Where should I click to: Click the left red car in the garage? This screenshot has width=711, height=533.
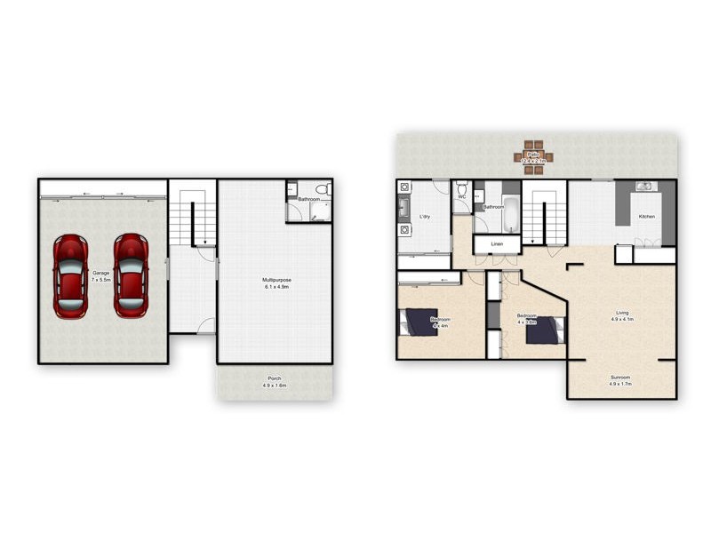tap(69, 275)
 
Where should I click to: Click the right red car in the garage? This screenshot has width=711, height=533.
tap(131, 275)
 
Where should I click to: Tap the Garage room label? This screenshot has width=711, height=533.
tap(100, 273)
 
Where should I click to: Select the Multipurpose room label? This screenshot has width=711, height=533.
tap(276, 280)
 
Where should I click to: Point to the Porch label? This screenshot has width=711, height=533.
tap(275, 378)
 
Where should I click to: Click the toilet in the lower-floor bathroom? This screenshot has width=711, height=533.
tap(324, 189)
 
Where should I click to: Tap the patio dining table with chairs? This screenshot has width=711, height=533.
tap(533, 156)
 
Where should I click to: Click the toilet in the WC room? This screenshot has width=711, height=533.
tap(461, 189)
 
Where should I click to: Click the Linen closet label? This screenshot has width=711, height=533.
tap(497, 243)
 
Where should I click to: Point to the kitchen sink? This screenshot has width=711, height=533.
tap(643, 187)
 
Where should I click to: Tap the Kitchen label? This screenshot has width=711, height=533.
tap(647, 217)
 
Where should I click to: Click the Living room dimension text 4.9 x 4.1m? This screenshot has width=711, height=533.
tap(622, 319)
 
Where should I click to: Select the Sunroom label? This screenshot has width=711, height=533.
tap(620, 377)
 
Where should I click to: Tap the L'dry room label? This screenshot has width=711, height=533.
tap(425, 216)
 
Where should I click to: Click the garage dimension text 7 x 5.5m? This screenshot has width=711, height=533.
tap(100, 279)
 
